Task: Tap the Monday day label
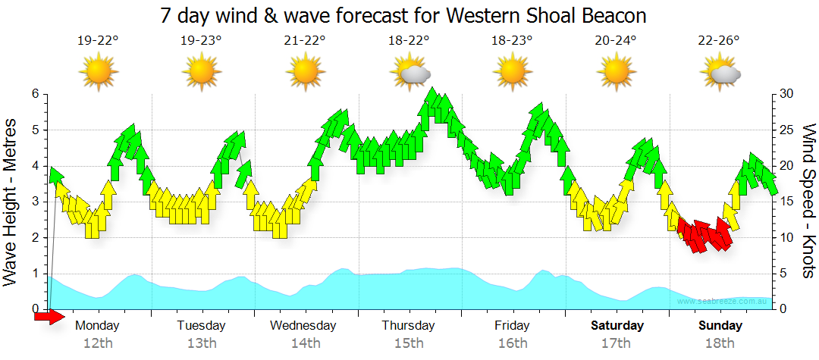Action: (x=98, y=326)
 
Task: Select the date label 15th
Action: (x=409, y=343)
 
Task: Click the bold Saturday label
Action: (x=617, y=326)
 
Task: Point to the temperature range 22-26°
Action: (x=719, y=41)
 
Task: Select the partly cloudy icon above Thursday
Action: (x=410, y=73)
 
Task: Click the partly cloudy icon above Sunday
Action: (x=721, y=73)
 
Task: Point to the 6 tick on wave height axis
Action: (x=35, y=94)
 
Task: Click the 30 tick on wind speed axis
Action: (x=786, y=94)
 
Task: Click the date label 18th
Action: (x=720, y=343)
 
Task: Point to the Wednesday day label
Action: (x=304, y=326)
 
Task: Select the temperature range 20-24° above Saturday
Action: (x=616, y=41)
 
